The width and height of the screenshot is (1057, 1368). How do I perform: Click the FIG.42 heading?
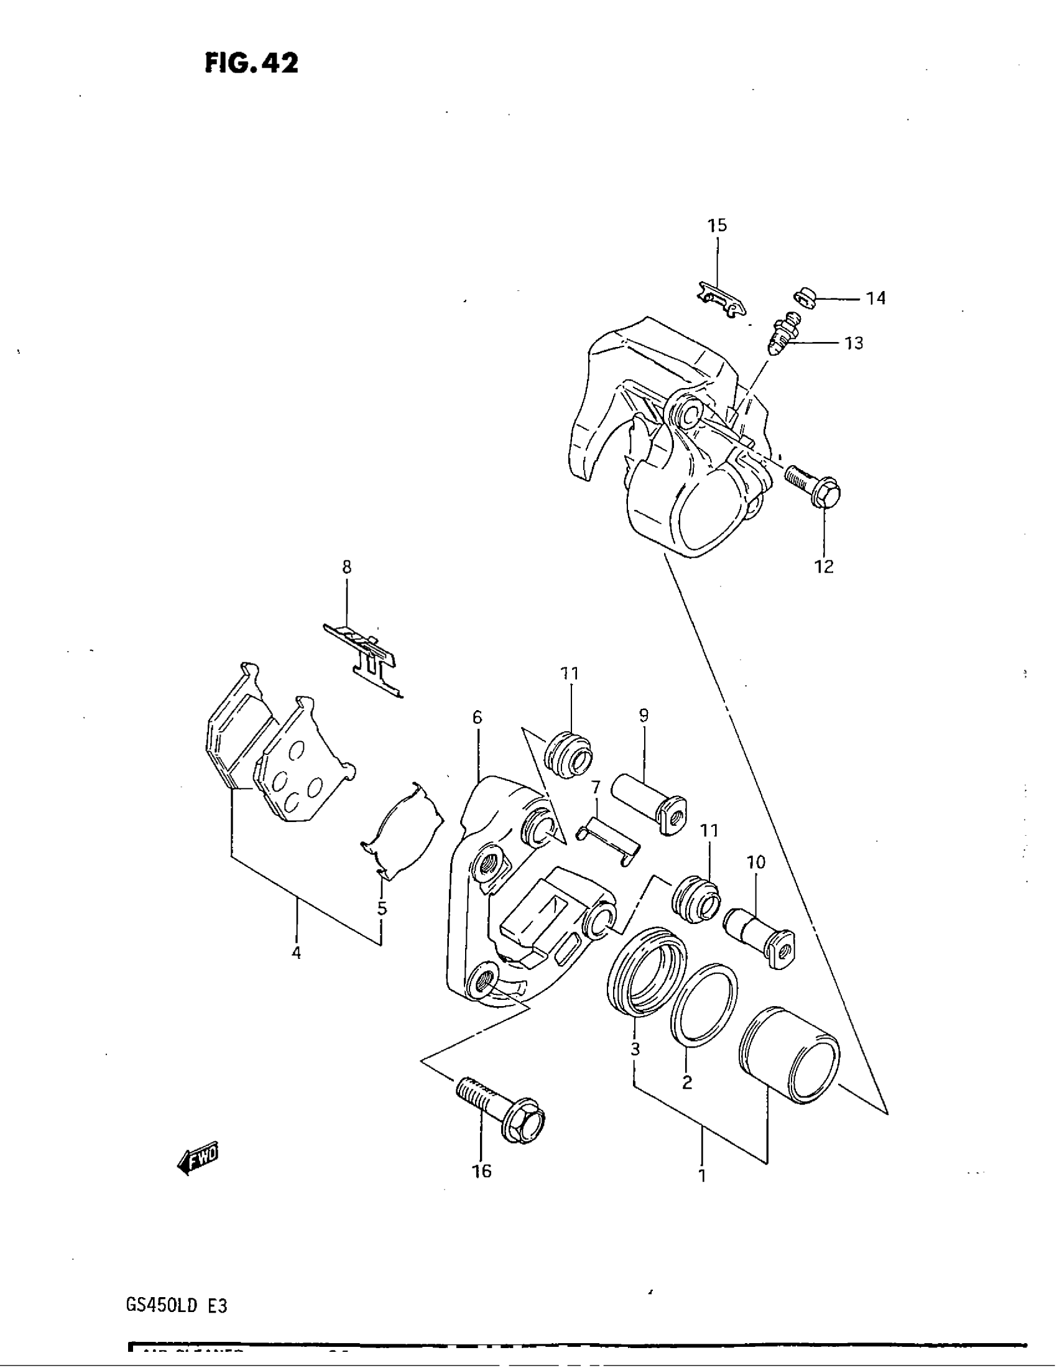click(x=252, y=63)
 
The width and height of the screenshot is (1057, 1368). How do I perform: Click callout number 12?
click(x=824, y=566)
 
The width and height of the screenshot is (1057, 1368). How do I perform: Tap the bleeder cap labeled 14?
click(x=806, y=297)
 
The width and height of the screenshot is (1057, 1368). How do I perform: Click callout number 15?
click(x=718, y=226)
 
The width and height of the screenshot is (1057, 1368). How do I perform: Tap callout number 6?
click(x=477, y=718)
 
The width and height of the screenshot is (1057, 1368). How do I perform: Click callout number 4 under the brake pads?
click(x=296, y=953)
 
